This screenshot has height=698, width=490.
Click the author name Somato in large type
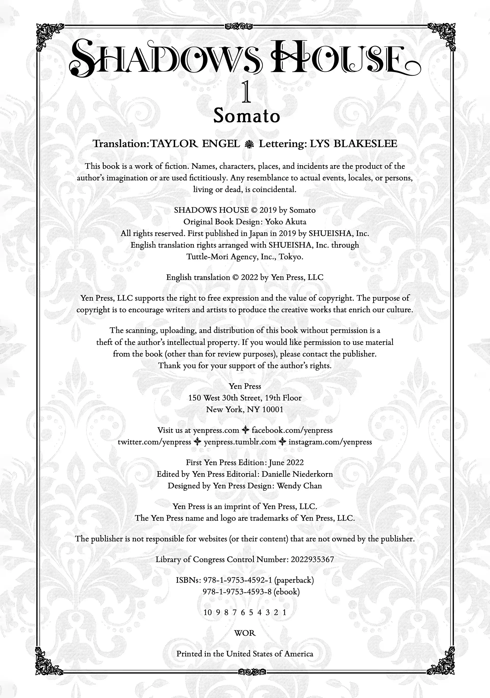pyautogui.click(x=246, y=116)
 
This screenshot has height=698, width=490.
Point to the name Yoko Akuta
pyautogui.click(x=286, y=222)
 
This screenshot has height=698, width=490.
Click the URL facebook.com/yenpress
pyautogui.click(x=292, y=430)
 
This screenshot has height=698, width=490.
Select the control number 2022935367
pyautogui.click(x=312, y=559)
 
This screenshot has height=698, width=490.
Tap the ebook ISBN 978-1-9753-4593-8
pyautogui.click(x=237, y=592)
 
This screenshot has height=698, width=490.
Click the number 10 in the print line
pyautogui.click(x=208, y=612)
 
